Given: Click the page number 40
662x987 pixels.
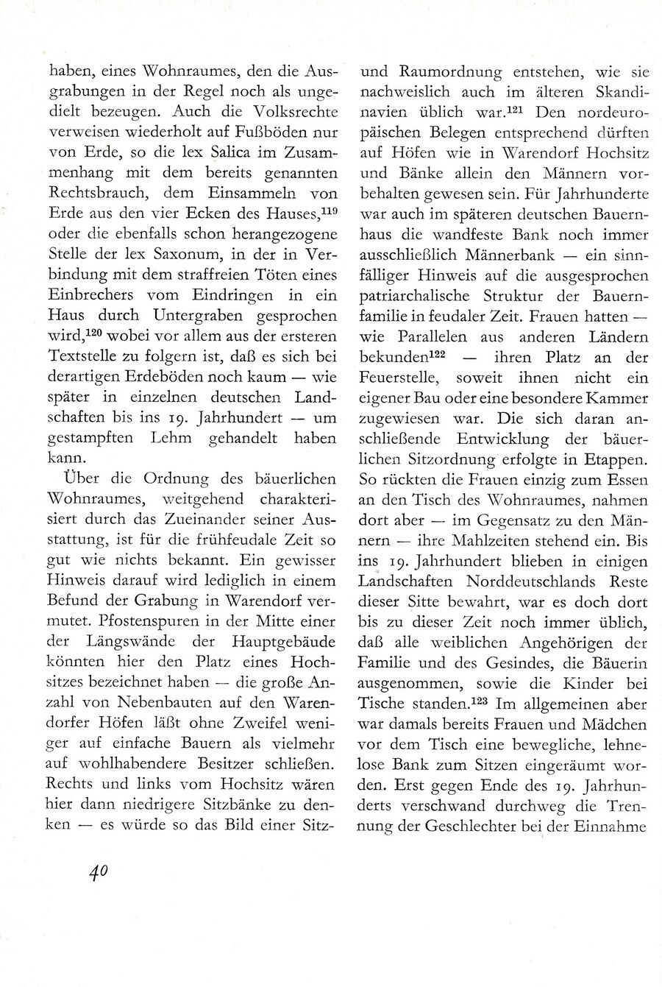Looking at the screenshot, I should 98,871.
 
